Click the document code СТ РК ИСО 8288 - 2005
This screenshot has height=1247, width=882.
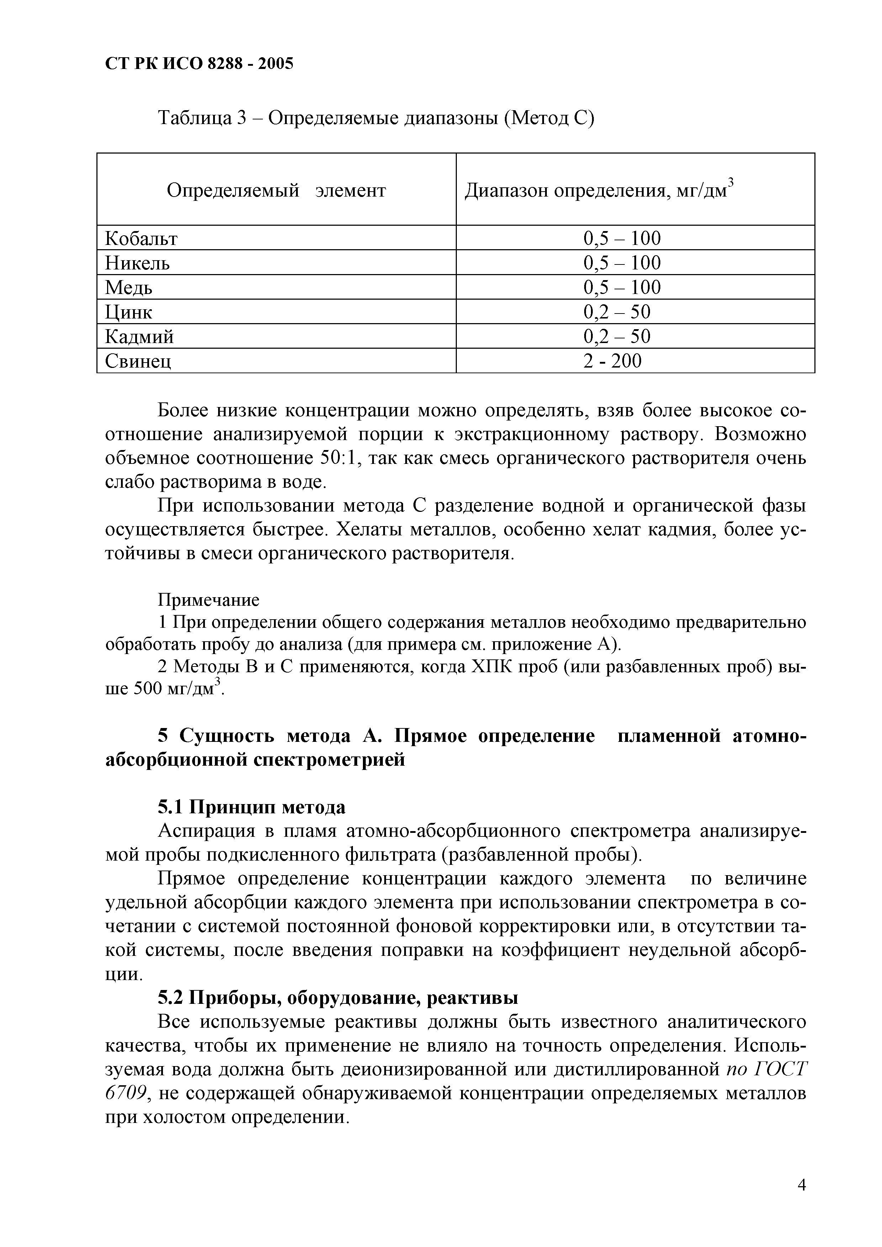[199, 64]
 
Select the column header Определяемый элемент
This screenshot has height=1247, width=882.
[276, 190]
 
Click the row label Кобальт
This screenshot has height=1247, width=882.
[141, 239]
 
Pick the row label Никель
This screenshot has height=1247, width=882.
[137, 263]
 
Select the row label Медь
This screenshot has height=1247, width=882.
[129, 287]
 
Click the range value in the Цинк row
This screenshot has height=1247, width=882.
[617, 312]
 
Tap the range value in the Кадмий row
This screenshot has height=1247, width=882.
[617, 337]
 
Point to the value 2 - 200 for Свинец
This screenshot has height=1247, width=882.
[612, 361]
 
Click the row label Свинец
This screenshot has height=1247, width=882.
[138, 361]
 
